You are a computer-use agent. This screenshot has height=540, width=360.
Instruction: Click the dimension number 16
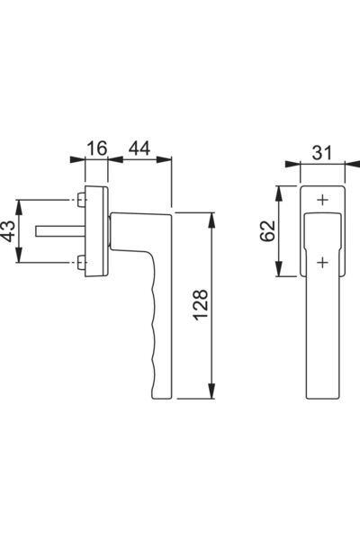coord(97,148)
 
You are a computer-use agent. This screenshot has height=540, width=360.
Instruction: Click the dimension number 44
coord(139,148)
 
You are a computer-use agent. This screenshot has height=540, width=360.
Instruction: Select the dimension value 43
coord(8,231)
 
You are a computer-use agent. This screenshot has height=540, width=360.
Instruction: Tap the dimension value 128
coord(201,305)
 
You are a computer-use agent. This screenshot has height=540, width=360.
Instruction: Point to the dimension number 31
coord(322,153)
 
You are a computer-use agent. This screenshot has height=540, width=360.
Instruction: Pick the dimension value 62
coord(267,230)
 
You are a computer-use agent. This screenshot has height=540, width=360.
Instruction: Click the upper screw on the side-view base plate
coord(81,200)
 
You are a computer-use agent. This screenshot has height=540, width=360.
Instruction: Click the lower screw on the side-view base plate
coord(81,263)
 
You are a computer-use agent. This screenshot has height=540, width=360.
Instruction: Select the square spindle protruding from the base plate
coord(60,231)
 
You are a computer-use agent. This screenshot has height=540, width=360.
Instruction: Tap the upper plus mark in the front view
coord(322,200)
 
